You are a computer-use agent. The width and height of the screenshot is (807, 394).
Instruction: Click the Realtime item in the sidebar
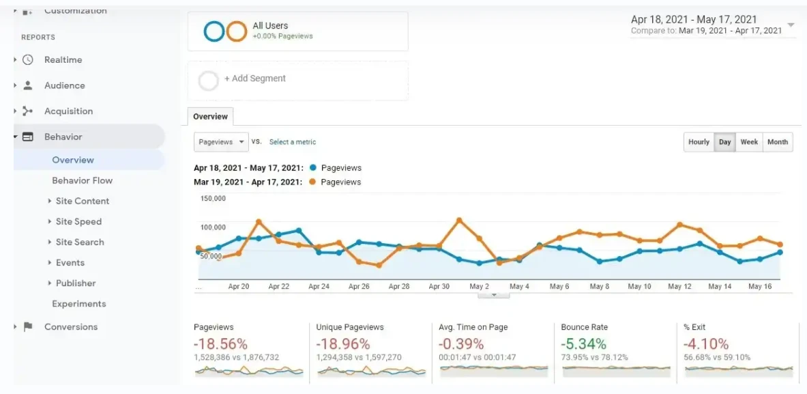click(63, 60)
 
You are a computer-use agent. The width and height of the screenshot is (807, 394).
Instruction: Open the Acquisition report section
click(68, 111)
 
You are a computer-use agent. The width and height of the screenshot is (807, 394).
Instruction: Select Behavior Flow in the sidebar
click(82, 180)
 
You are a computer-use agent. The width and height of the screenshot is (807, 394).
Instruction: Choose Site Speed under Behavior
click(78, 221)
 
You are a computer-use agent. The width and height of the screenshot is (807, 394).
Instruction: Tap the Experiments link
click(79, 304)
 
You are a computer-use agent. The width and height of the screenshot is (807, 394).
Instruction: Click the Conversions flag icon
click(28, 326)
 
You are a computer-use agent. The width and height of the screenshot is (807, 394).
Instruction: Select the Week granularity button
click(749, 142)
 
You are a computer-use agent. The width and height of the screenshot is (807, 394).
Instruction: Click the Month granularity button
click(777, 142)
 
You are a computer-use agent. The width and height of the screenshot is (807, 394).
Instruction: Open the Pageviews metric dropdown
click(222, 142)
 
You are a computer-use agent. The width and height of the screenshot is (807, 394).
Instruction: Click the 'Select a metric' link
click(292, 142)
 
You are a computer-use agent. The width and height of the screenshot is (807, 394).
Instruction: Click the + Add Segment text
click(255, 79)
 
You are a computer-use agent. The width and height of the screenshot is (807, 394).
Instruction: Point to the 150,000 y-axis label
click(213, 199)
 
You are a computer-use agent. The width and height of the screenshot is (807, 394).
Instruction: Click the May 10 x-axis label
click(639, 287)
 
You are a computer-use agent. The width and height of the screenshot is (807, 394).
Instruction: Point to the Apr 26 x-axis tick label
click(359, 287)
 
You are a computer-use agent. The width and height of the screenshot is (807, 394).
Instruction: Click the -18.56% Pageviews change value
click(220, 343)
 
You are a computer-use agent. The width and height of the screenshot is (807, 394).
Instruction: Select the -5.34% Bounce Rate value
click(583, 343)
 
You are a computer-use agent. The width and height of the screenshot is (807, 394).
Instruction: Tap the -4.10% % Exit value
click(705, 343)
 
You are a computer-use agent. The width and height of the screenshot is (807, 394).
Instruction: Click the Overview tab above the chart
click(210, 117)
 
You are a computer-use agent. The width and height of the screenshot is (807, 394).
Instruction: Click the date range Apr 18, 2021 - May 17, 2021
click(694, 20)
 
